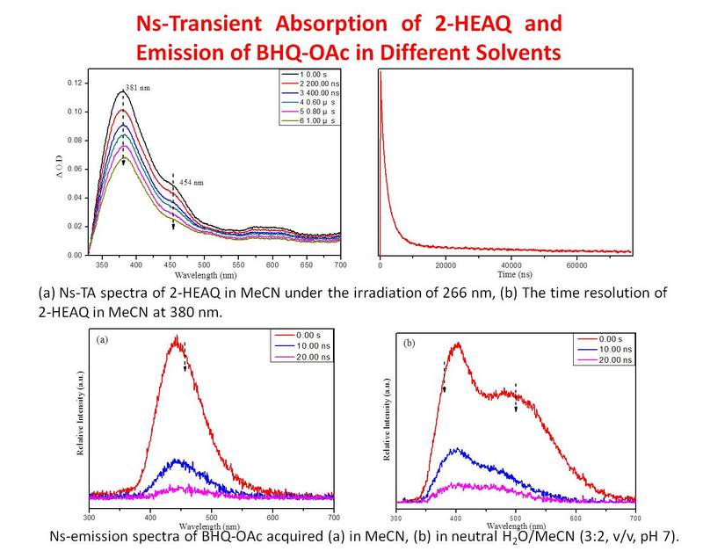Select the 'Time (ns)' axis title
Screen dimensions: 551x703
505,273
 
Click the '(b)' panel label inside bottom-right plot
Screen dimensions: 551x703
408,344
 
